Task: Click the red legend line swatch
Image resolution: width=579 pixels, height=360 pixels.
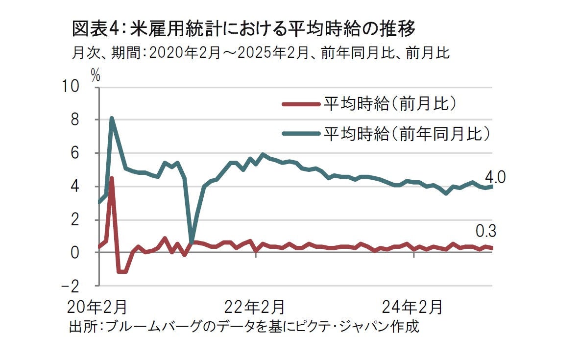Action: (300, 103)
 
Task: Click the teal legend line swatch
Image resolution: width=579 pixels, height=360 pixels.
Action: (300, 132)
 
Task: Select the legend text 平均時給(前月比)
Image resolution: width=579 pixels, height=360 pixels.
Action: (390, 103)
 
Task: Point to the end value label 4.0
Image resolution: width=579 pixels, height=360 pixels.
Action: (495, 176)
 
